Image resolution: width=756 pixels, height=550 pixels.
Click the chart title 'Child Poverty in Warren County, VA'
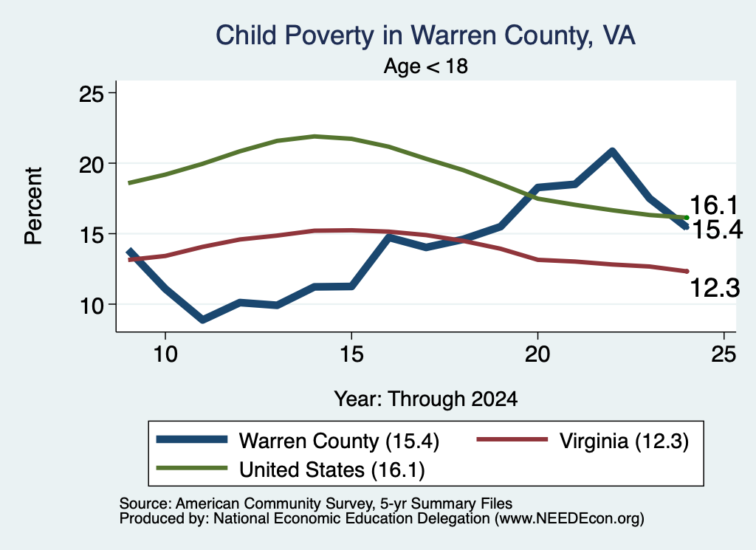point(425,35)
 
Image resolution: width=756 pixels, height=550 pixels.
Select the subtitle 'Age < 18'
point(426,66)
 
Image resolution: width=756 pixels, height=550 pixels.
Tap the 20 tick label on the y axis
point(91,165)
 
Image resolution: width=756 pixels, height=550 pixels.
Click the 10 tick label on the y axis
point(92,306)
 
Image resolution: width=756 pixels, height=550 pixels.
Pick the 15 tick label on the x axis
point(351,354)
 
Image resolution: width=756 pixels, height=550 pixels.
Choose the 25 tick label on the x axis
point(724,354)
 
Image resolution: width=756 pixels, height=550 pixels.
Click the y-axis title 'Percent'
point(34,206)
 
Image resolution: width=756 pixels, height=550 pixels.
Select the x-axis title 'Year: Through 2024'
point(426,399)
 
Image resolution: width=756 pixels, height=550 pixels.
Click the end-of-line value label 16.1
point(714,205)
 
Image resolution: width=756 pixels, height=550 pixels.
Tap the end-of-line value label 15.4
point(717,230)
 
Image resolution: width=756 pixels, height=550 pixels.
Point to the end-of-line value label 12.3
point(715,288)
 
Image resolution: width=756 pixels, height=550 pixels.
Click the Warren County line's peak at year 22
point(612,152)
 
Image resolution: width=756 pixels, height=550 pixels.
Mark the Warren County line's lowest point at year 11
point(202,319)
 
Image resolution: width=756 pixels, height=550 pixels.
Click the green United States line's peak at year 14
point(315,137)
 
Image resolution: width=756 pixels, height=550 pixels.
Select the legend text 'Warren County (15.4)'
point(339,441)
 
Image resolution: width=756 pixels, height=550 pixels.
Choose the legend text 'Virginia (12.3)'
point(624,441)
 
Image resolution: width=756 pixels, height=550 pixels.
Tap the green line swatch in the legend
point(192,468)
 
